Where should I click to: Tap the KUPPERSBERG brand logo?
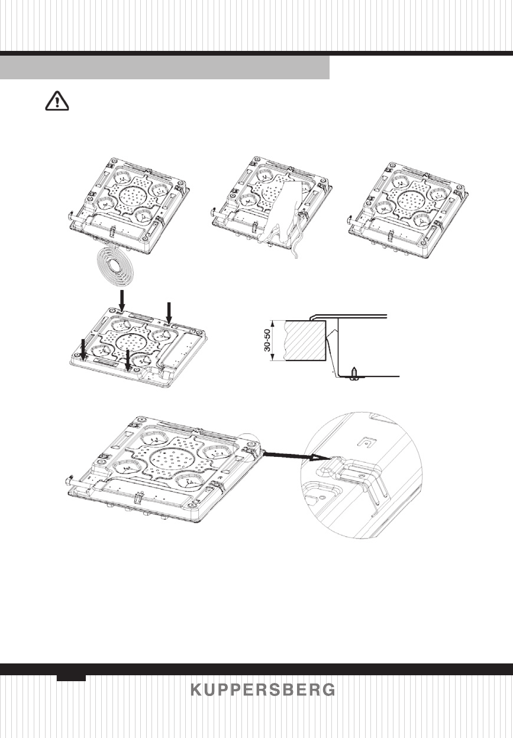263,691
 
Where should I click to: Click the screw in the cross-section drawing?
353,373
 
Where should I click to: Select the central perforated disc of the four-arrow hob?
128,343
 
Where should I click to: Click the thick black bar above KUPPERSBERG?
256,669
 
